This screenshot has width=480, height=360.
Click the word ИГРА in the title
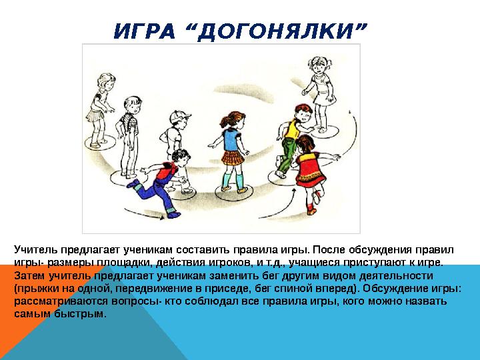[144, 31]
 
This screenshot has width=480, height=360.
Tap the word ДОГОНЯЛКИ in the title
[279, 31]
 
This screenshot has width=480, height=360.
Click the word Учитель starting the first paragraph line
[36, 250]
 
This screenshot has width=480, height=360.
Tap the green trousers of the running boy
[286, 155]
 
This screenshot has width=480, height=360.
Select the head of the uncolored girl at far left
[106, 81]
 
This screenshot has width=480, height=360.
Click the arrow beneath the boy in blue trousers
[144, 214]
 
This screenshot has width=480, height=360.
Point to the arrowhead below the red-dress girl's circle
[294, 191]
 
